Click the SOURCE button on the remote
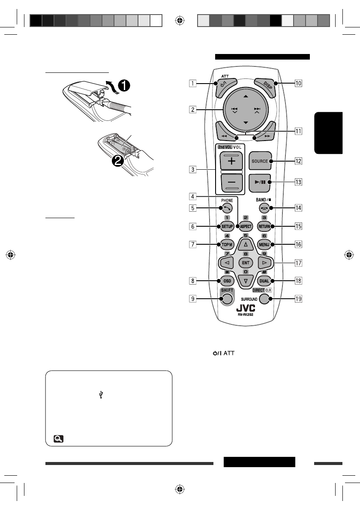[260, 161]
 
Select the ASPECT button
[246, 226]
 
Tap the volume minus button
[231, 183]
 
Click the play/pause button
[260, 182]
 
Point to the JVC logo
[246, 309]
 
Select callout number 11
[297, 131]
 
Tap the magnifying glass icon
[58, 438]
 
